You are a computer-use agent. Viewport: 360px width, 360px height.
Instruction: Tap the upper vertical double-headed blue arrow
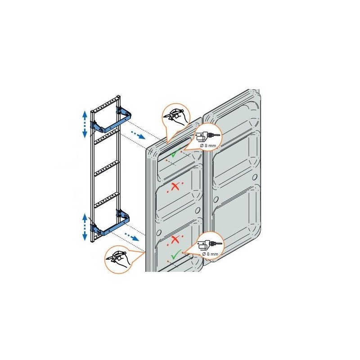pos(85,124)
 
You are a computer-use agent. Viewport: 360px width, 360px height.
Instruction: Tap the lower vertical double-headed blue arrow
pos(85,227)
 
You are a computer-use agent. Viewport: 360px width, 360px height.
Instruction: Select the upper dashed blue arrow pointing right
pos(138,135)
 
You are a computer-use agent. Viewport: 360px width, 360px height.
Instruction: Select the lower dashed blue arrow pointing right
pos(132,237)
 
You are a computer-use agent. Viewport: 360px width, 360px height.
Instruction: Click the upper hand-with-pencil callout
pos(176,116)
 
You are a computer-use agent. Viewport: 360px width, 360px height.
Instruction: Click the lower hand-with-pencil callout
pos(118,260)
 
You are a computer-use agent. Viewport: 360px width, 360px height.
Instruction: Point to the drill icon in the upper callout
pos(207,136)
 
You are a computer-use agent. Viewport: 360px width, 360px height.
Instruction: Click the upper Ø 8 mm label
pos(208,145)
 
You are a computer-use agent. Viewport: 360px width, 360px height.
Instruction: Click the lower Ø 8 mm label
pos(210,254)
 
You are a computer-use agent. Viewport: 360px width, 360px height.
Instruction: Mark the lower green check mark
pos(176,254)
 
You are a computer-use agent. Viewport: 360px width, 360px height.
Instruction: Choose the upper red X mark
pos(175,186)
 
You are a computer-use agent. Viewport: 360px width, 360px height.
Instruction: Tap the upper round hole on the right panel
pos(254,177)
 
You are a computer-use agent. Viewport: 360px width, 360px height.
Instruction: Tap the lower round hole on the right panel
pos(216,199)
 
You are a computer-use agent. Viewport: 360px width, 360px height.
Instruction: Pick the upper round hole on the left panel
pos(197,211)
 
